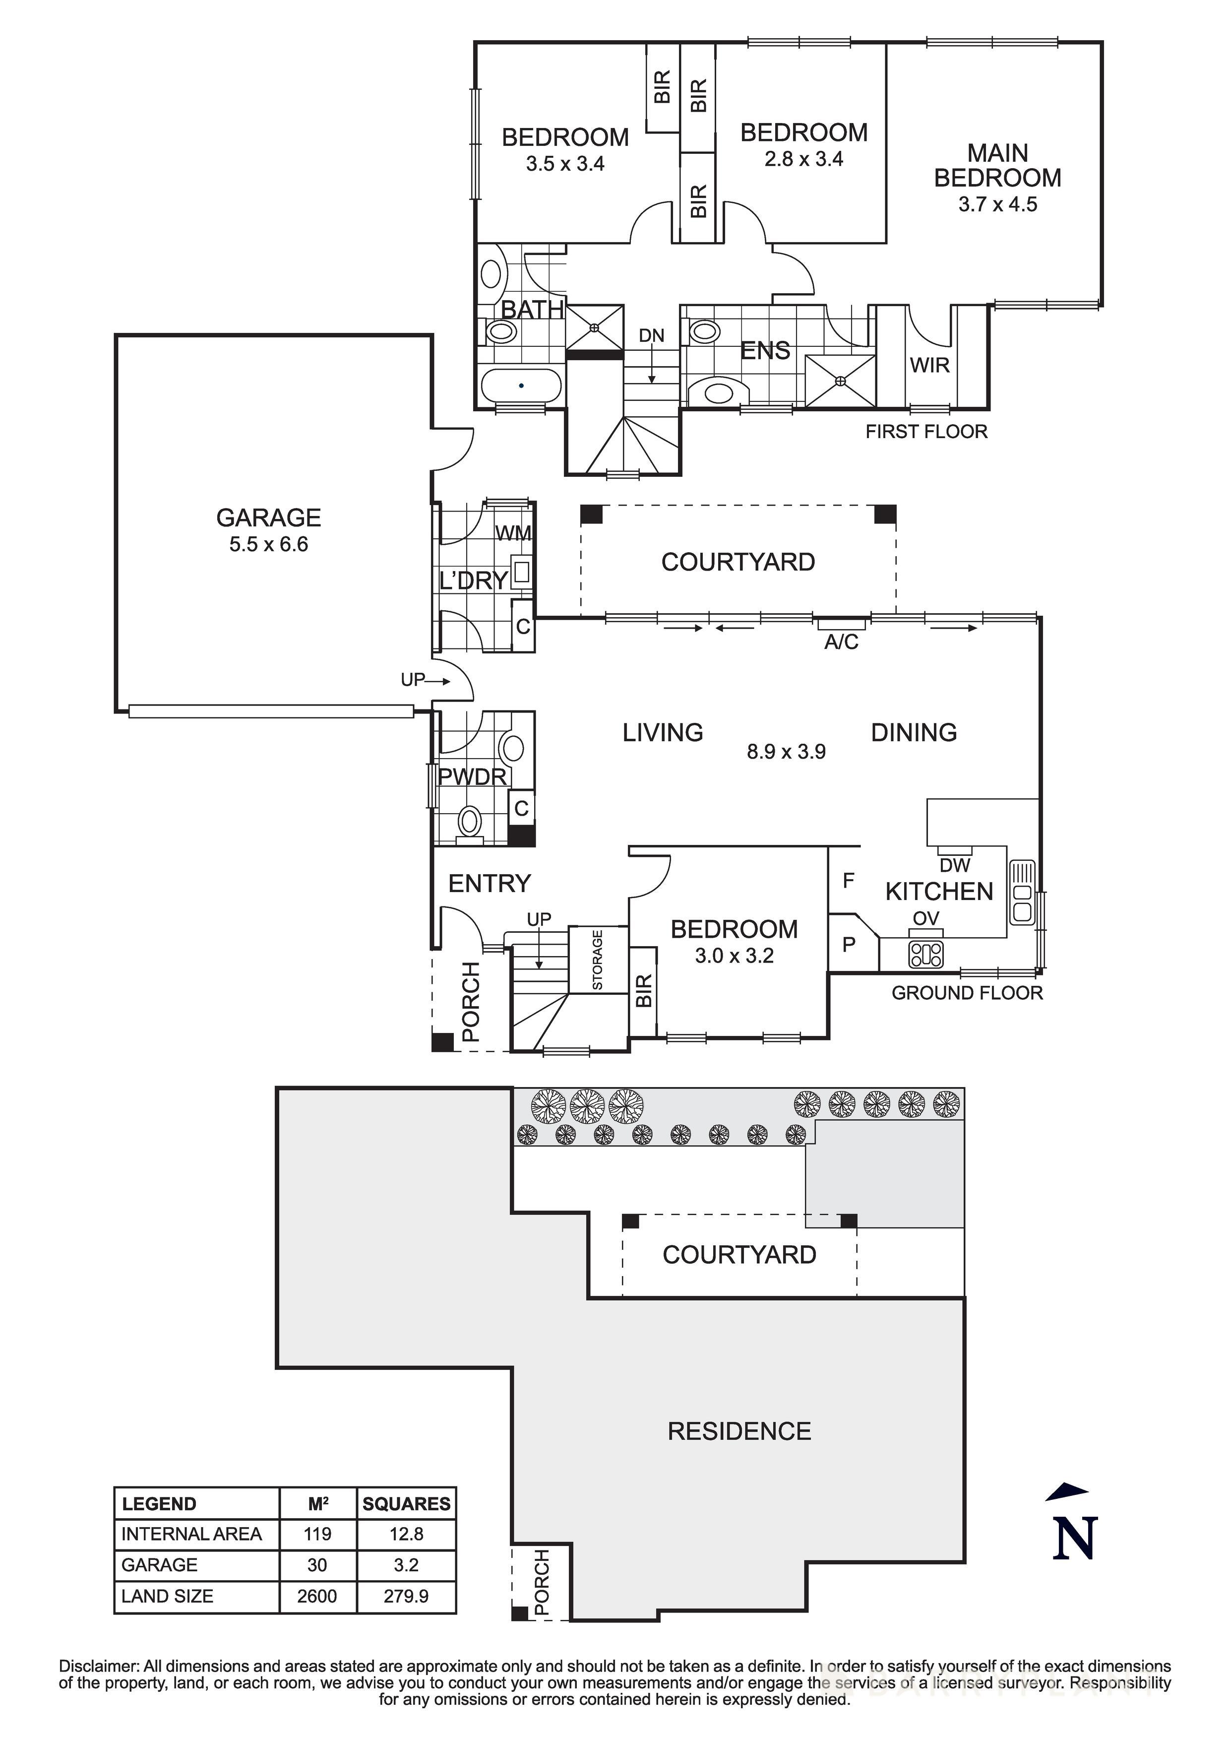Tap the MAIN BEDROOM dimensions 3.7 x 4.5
997,204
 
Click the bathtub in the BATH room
521,386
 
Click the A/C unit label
841,642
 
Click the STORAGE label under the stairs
597,960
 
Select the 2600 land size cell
317,1596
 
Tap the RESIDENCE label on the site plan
739,1431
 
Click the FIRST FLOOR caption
926,432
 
